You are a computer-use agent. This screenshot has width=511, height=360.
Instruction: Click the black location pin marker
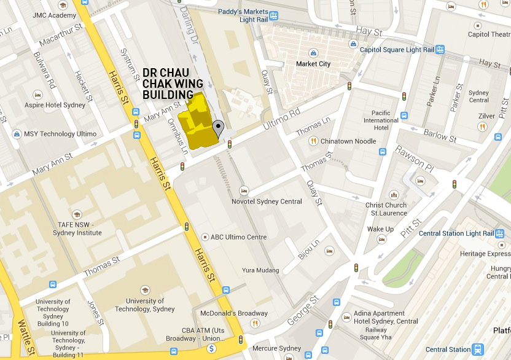click(x=218, y=128)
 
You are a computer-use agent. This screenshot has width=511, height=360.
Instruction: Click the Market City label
click(x=313, y=64)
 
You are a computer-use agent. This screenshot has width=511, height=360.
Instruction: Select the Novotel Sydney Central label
click(x=267, y=202)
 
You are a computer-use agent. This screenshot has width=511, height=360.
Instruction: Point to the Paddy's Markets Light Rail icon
click(x=273, y=16)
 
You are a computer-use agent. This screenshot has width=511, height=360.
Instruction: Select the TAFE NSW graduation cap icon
click(x=77, y=214)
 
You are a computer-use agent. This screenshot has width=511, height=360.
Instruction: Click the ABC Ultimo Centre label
click(x=238, y=237)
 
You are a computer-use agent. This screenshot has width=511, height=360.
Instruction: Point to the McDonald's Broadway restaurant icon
click(x=255, y=323)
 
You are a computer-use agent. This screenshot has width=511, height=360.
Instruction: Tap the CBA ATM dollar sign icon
click(x=211, y=349)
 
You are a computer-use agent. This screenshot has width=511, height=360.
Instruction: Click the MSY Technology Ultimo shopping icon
click(x=16, y=134)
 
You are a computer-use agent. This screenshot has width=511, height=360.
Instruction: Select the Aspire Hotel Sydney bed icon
click(x=37, y=95)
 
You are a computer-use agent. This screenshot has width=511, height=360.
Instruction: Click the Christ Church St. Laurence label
click(x=386, y=209)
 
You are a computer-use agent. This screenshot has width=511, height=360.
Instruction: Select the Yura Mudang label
click(x=260, y=270)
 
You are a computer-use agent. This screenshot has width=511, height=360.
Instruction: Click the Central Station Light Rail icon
click(x=501, y=233)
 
